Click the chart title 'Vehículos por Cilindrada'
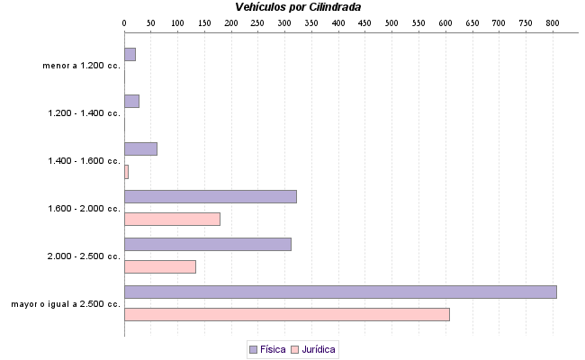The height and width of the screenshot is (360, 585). coord(298,7)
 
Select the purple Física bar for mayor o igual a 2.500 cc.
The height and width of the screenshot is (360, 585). coord(340,292)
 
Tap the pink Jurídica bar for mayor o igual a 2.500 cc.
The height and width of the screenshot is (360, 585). coord(286,314)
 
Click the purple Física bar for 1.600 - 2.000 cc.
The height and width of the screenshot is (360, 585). coord(210,196)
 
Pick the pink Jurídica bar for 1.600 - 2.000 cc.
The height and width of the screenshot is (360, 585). coord(172,219)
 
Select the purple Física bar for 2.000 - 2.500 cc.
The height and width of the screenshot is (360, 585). coord(207,244)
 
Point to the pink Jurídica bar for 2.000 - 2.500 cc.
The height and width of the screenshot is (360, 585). coord(159,266)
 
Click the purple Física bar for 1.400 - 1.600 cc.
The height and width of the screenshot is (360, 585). coord(140,148)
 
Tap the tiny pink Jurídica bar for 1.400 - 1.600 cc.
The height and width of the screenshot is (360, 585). coord(126,171)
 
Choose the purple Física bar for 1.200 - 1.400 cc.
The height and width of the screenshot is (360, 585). coord(131,101)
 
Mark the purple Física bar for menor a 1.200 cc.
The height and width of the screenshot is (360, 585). coord(130,54)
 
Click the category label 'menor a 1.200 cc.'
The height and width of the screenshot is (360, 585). coord(81,66)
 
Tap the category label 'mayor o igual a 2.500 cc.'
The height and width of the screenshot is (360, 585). coord(66,304)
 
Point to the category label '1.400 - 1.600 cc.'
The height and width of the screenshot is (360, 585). coord(84,161)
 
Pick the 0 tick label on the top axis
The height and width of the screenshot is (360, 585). coord(124,21)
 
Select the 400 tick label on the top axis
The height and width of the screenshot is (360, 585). coord(338,21)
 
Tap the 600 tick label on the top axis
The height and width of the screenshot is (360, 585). coord(445,21)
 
